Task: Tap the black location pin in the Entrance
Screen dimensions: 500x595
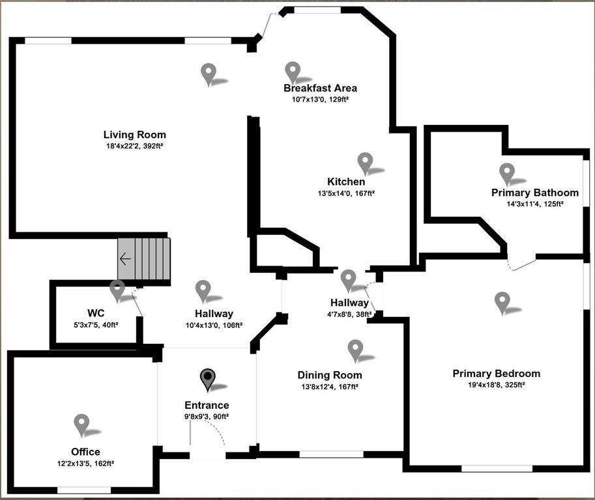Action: [207, 379]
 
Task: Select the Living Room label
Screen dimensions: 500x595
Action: [134, 135]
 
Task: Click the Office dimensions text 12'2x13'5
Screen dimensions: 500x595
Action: [85, 464]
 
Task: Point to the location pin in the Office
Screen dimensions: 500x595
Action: [81, 424]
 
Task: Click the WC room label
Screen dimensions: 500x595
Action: [96, 312]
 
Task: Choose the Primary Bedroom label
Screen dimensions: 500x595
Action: [496, 374]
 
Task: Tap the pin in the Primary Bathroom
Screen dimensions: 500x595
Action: [506, 173]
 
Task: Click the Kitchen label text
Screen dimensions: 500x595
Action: [346, 182]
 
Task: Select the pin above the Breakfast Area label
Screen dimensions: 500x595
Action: [293, 72]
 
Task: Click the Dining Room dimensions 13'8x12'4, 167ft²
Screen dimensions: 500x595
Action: [329, 387]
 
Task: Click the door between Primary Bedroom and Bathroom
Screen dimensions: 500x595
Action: [522, 264]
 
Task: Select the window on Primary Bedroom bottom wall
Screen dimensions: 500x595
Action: [497, 468]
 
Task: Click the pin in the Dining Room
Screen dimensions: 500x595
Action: [355, 350]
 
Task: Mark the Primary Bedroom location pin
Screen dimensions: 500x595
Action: [502, 302]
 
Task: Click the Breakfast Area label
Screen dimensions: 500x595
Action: [320, 88]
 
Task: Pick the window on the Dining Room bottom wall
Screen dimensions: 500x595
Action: [331, 454]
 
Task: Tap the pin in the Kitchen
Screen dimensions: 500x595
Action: [365, 163]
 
